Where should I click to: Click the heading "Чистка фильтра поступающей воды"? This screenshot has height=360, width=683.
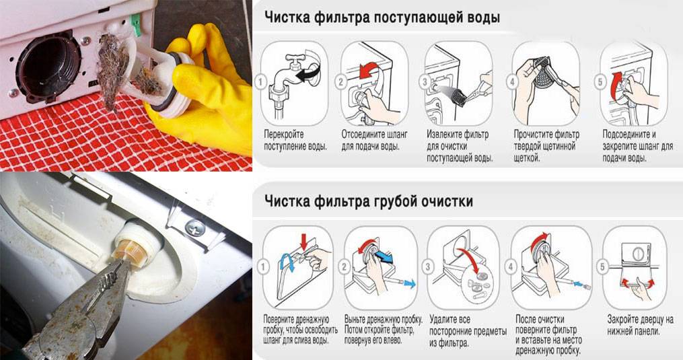382,18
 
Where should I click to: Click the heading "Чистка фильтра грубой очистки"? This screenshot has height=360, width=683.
369,201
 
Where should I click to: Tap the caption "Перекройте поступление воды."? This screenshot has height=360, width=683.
295,140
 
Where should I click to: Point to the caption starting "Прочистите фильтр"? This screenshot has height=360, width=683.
546,145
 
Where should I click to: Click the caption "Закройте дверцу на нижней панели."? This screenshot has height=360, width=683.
640,325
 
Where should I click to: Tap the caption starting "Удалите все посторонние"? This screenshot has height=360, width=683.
468,331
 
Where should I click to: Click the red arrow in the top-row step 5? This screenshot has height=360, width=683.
615,85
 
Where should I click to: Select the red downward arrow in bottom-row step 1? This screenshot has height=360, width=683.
304,240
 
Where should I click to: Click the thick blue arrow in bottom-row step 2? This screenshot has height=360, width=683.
384,256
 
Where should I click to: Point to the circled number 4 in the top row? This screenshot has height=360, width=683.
513,81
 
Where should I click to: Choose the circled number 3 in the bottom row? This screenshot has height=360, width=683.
428,266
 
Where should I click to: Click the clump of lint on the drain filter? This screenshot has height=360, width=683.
114,70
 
